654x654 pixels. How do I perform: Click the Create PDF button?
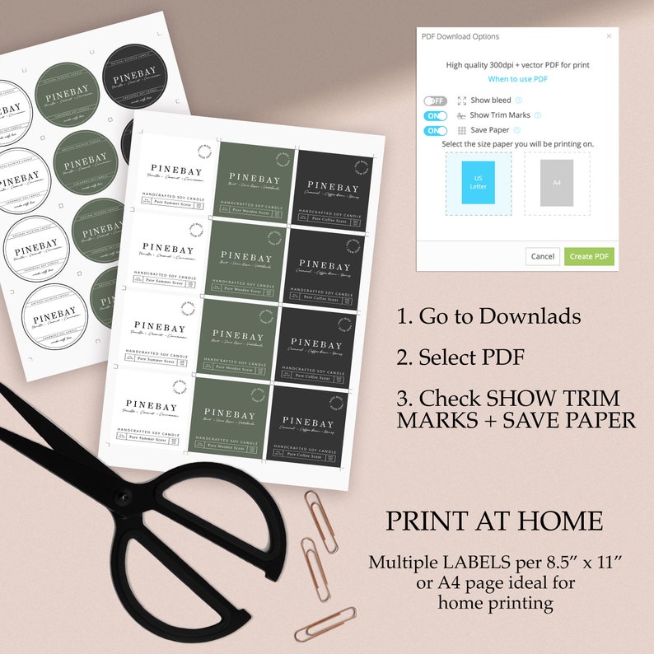tap(590, 256)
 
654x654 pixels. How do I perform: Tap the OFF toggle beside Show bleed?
tap(435, 100)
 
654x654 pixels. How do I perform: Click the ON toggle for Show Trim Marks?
tap(435, 115)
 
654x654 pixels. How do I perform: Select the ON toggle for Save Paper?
tap(435, 130)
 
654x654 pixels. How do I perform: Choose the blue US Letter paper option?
tap(479, 183)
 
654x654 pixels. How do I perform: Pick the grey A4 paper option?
tap(557, 183)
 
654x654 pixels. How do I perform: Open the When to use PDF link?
tap(517, 79)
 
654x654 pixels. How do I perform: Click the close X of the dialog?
tap(610, 36)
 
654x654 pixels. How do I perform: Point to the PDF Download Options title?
tap(460, 36)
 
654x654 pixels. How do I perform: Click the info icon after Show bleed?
tap(519, 100)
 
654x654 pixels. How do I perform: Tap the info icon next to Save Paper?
tap(517, 130)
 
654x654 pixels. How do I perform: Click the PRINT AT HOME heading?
tap(494, 521)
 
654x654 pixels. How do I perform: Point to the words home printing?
tap(494, 603)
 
